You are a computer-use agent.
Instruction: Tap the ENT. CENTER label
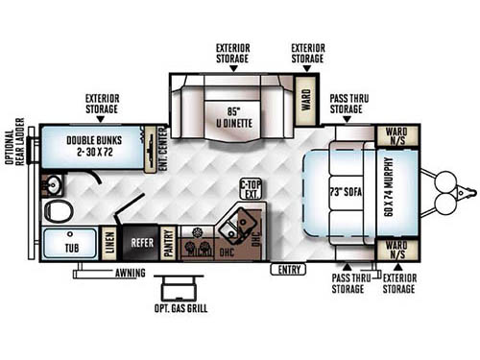tap(150, 148)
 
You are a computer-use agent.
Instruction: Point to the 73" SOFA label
tap(341, 190)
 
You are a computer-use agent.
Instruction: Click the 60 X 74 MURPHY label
tap(389, 190)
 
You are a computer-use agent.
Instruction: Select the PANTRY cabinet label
tap(168, 244)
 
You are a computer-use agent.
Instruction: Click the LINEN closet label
tap(110, 245)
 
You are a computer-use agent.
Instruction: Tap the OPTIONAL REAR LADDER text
tap(14, 154)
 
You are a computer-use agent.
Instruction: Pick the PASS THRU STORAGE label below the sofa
tap(347, 283)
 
